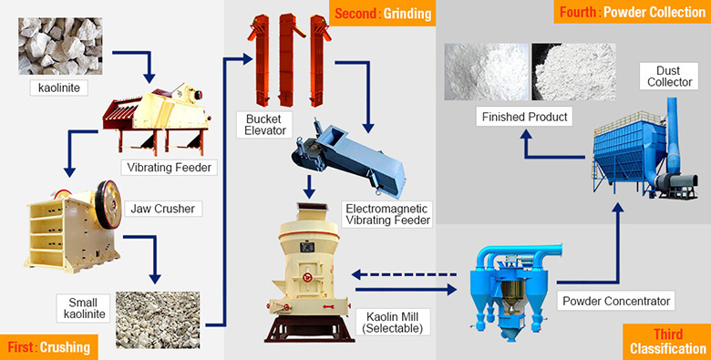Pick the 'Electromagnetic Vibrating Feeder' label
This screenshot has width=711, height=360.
(x=387, y=215)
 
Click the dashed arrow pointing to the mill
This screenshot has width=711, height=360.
(x=405, y=273)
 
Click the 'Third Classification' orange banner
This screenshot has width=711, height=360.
(x=667, y=341)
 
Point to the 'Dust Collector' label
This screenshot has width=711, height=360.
(x=660, y=77)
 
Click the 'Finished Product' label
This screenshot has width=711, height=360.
(x=526, y=117)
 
